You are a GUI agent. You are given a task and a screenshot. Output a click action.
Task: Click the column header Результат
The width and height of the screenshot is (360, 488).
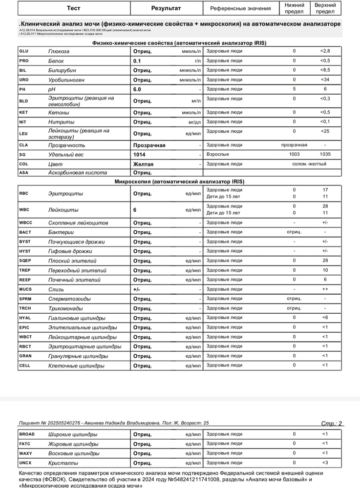166,8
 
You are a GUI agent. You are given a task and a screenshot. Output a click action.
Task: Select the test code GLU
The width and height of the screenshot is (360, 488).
23,51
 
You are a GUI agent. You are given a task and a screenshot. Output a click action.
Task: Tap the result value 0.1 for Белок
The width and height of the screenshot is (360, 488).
137,61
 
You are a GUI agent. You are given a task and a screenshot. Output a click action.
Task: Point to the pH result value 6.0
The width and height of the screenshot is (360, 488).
137,89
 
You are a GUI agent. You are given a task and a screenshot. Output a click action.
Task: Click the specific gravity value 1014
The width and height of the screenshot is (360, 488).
139,154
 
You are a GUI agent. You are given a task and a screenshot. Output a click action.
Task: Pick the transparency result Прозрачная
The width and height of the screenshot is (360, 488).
149,145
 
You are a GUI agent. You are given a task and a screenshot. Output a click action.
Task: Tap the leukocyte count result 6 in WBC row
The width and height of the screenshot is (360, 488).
135,210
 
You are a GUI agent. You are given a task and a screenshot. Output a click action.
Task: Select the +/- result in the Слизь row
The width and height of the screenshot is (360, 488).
137,289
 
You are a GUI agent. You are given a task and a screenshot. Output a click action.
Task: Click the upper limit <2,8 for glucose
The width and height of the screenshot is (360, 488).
325,51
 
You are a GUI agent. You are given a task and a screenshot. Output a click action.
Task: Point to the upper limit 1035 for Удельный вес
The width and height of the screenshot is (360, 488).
325,154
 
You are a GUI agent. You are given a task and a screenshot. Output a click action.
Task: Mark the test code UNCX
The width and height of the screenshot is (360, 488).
25,463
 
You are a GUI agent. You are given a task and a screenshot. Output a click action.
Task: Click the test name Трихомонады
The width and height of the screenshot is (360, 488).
69,308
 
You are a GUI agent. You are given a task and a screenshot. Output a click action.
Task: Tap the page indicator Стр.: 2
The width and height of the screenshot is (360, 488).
332,423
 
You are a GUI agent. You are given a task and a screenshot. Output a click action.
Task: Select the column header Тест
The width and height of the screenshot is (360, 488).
74,8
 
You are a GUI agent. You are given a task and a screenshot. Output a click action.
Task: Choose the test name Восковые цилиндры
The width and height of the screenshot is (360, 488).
73,453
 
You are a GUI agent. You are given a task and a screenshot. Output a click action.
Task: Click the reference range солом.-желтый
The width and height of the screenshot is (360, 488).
309,163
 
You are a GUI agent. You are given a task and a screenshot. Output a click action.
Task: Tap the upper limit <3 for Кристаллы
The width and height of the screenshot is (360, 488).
325,463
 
